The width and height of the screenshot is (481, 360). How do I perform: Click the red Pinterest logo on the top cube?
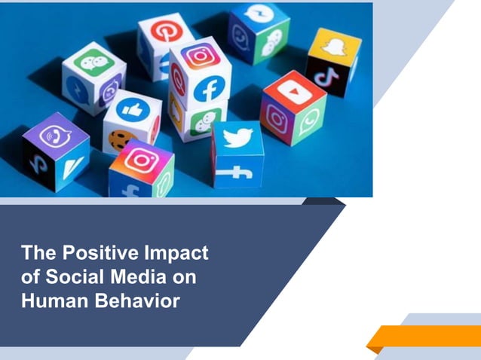pyautogui.click(x=163, y=31)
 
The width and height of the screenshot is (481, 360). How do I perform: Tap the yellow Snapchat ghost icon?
pyautogui.click(x=332, y=47)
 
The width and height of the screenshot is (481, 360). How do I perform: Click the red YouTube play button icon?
pyautogui.click(x=290, y=90)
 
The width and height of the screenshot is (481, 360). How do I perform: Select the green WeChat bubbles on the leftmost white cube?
pyautogui.click(x=93, y=62)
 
